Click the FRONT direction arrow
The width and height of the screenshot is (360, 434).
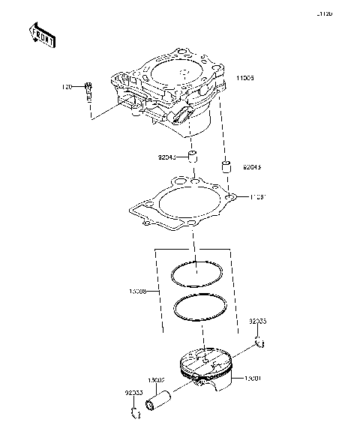click(41, 33)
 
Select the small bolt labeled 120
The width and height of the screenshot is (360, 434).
click(89, 91)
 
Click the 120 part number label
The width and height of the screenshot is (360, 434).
click(67, 87)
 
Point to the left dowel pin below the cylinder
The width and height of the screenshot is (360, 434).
click(192, 158)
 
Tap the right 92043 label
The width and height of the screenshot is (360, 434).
click(251, 168)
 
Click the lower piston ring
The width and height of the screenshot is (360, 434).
click(201, 307)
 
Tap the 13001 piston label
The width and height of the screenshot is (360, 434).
click(253, 381)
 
